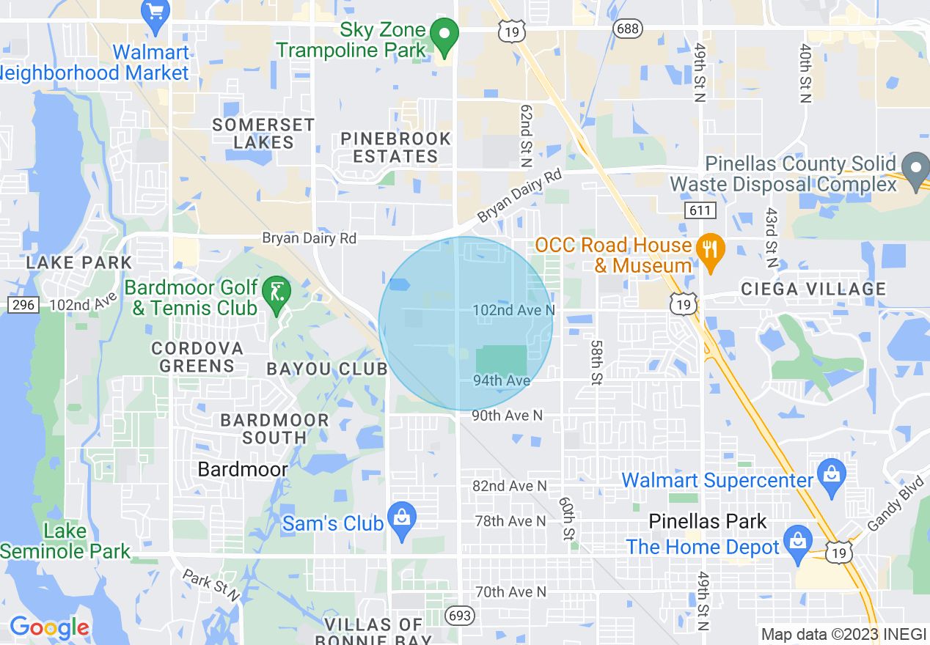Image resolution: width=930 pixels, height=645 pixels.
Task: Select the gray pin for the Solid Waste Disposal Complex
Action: click(915, 170)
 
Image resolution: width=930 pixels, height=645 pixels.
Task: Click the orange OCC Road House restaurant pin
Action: click(709, 249)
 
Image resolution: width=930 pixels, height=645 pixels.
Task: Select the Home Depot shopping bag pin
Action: click(797, 544)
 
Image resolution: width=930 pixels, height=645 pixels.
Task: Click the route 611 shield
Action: click(697, 210)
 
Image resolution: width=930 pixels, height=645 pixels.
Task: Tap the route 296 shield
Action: click(23, 303)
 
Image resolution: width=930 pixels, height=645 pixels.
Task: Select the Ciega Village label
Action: click(813, 289)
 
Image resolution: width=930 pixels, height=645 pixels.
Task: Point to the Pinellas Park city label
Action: click(708, 521)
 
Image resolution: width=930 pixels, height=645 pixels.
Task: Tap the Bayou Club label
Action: click(327, 369)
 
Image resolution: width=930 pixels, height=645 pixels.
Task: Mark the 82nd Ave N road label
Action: click(510, 486)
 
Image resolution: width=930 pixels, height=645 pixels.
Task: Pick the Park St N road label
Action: click(210, 584)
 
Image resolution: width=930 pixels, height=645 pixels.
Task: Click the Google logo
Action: click(49, 627)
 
